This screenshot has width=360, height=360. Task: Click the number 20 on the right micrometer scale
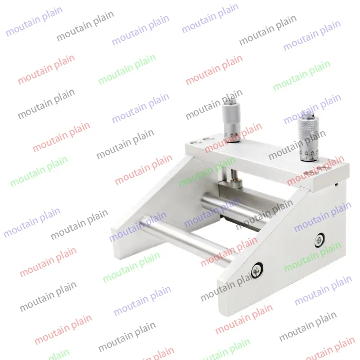[306, 153]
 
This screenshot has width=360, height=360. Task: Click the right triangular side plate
[288, 252]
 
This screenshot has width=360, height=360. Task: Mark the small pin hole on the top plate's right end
[337, 184]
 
